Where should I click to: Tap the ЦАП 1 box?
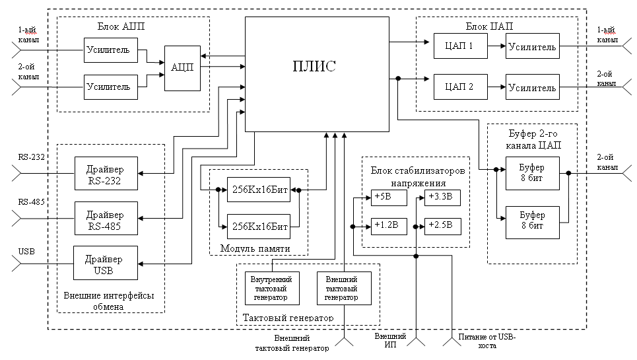click(x=460, y=47)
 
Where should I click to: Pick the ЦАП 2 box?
click(x=460, y=87)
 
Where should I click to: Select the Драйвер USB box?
click(x=106, y=263)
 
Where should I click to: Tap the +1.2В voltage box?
click(x=384, y=226)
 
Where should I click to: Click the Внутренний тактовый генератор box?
click(x=272, y=287)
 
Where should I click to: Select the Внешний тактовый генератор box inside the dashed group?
click(x=344, y=287)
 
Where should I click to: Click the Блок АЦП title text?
click(x=121, y=27)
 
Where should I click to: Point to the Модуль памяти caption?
click(x=250, y=248)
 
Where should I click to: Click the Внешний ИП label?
click(x=387, y=341)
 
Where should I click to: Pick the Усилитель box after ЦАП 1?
click(x=532, y=47)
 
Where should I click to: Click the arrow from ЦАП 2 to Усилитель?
click(x=496, y=87)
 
